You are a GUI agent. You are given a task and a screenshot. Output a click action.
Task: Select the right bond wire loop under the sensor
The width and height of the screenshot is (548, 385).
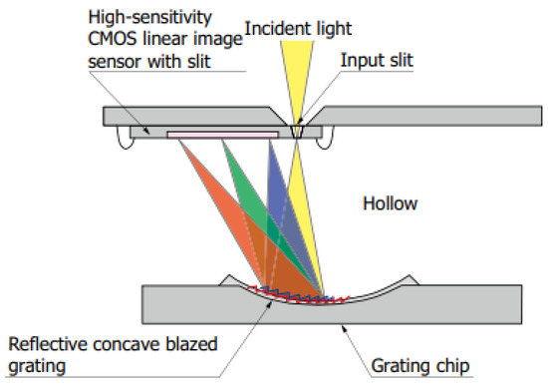point(322,140)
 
